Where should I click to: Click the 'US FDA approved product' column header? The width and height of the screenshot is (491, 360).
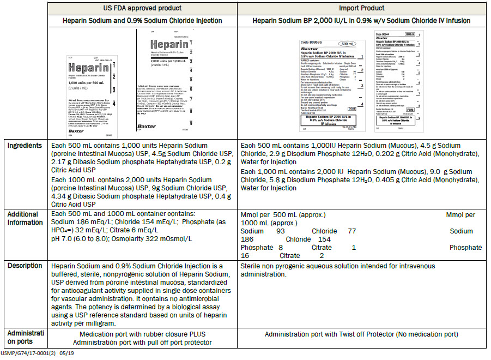coord(142,8)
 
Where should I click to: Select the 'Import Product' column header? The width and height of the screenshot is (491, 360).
coord(362,8)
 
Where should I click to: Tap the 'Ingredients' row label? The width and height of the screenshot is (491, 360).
coord(25,146)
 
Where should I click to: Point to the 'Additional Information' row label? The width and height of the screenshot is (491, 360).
coord(25,218)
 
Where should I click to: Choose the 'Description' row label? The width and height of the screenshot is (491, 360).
coord(25,266)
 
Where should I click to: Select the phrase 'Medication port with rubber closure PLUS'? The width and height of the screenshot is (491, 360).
coord(142,334)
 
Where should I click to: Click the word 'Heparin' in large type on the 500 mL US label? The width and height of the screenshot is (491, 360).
coord(87,69)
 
